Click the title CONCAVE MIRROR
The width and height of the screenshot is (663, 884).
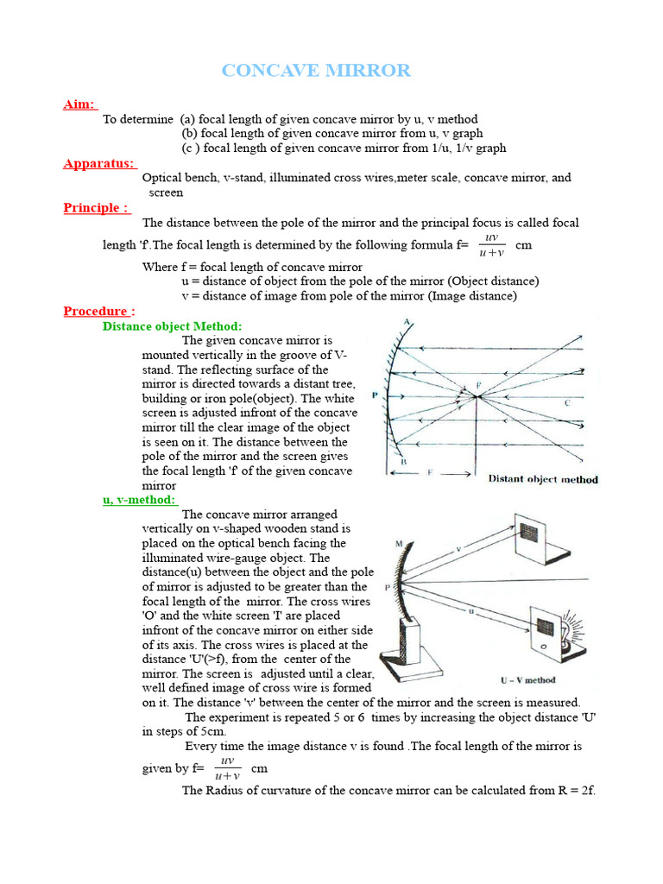pyautogui.click(x=316, y=71)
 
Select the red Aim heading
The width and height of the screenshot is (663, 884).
pyautogui.click(x=79, y=104)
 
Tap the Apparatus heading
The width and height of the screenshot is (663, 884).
pyautogui.click(x=98, y=162)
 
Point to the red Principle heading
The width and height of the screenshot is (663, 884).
pyautogui.click(x=96, y=207)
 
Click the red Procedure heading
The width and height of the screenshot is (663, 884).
pyautogui.click(x=98, y=311)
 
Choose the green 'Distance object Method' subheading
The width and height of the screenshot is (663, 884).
pyautogui.click(x=172, y=325)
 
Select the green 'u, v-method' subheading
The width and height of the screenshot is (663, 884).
pyautogui.click(x=138, y=500)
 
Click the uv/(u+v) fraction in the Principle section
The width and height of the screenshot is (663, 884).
pyautogui.click(x=492, y=244)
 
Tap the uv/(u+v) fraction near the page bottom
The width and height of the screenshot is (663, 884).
pyautogui.click(x=228, y=767)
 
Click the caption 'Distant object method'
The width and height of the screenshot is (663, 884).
pyautogui.click(x=542, y=479)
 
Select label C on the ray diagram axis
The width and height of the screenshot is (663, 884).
pyautogui.click(x=566, y=402)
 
